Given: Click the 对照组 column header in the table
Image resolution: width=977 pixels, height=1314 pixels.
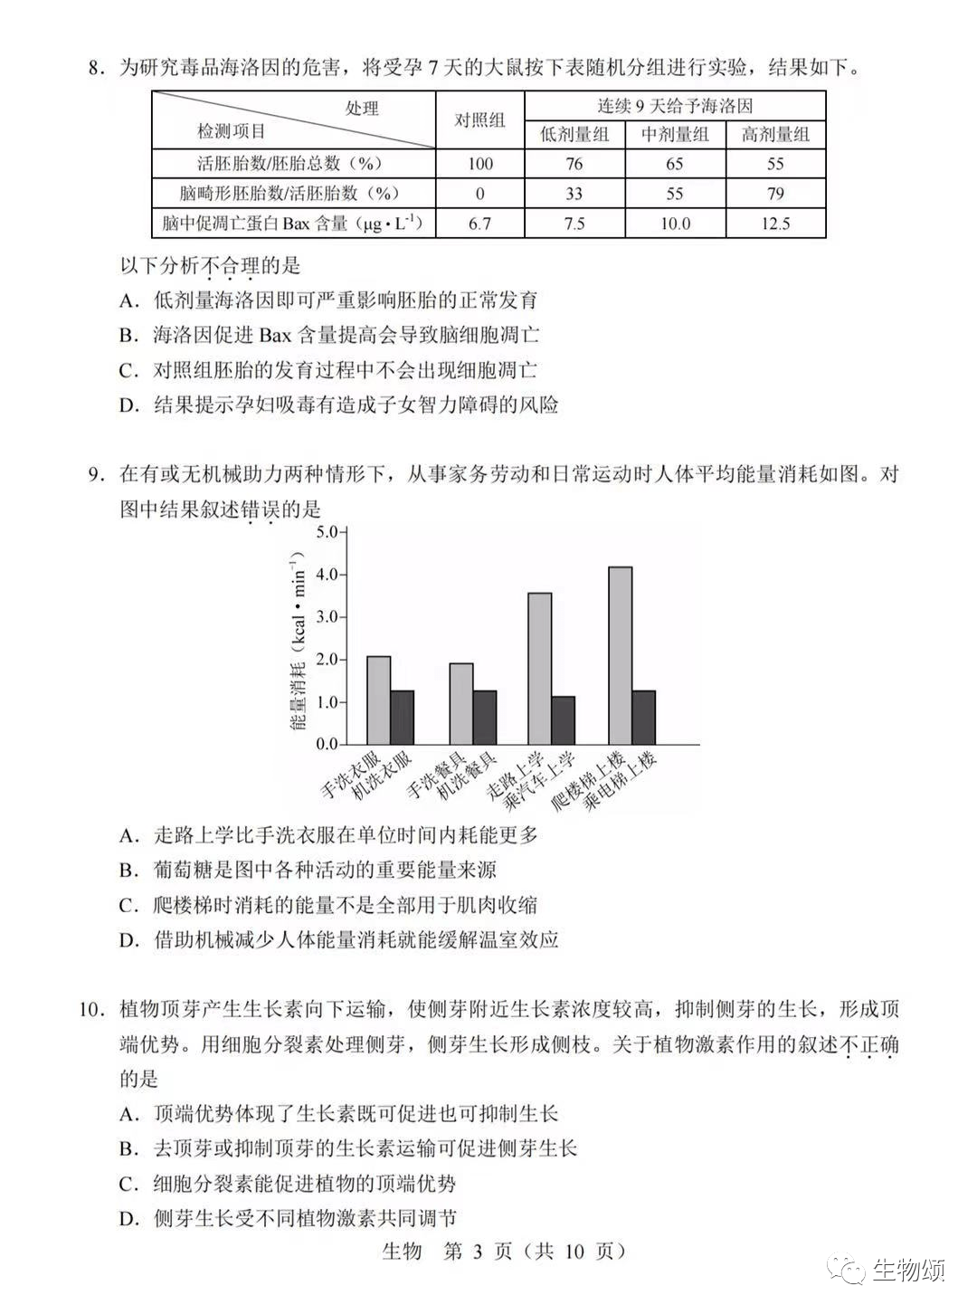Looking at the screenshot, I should tap(479, 120).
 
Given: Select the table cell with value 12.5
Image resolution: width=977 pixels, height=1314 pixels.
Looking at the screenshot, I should tap(775, 224).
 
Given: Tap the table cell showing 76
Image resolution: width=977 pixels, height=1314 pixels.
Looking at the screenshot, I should tap(574, 164).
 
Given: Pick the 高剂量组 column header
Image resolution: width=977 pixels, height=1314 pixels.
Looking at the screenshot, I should tap(775, 135).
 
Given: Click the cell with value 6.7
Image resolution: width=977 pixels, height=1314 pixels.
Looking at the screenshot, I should tap(479, 224).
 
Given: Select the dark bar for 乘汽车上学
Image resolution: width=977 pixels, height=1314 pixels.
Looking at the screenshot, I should tap(563, 720).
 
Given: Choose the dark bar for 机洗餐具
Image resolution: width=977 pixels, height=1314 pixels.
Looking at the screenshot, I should tap(485, 718).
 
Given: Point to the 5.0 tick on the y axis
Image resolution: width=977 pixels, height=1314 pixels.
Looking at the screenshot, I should tap(326, 531).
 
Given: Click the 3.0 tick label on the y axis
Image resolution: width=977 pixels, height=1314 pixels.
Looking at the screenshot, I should tap(326, 616).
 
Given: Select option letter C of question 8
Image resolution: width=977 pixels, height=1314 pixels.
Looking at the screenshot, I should tap(128, 370).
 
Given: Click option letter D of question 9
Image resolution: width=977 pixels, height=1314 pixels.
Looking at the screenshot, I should tap(128, 939).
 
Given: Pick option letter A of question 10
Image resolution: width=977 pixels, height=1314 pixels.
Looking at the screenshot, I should tap(128, 1114).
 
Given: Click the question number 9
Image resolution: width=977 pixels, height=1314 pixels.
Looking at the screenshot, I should tap(94, 474).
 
